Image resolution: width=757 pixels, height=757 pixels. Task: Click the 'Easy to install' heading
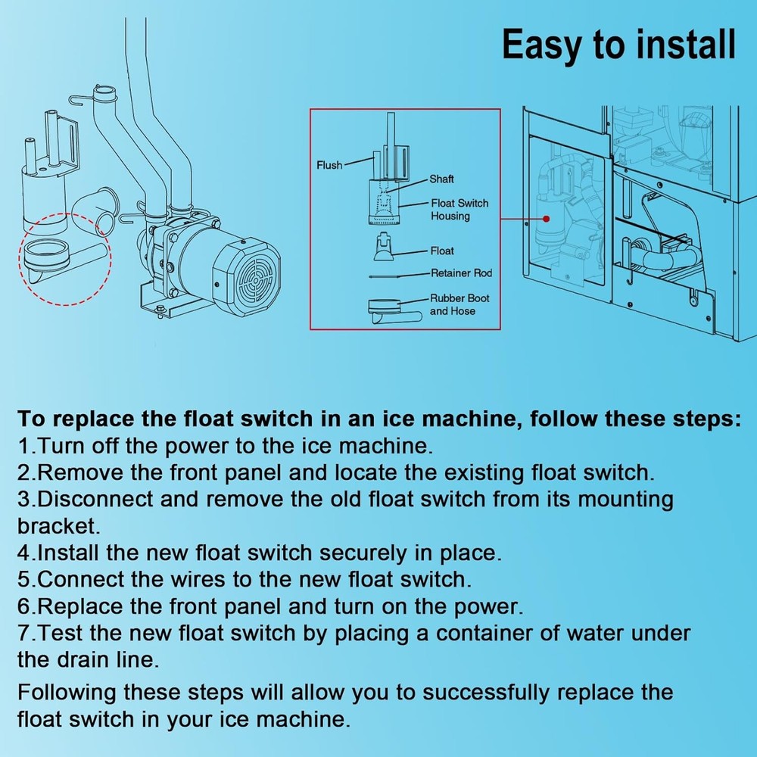(x=618, y=45)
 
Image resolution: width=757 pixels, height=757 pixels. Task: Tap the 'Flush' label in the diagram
(x=329, y=165)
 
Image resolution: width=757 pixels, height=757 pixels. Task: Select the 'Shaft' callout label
(x=441, y=179)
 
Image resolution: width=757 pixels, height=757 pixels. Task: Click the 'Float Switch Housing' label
(x=459, y=210)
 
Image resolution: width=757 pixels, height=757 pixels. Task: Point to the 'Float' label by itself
(x=442, y=251)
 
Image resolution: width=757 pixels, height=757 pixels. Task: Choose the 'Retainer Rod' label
(x=461, y=273)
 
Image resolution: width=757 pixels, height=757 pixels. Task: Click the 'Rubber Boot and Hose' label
(x=459, y=304)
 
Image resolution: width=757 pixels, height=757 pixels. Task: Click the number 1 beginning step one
(x=23, y=446)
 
